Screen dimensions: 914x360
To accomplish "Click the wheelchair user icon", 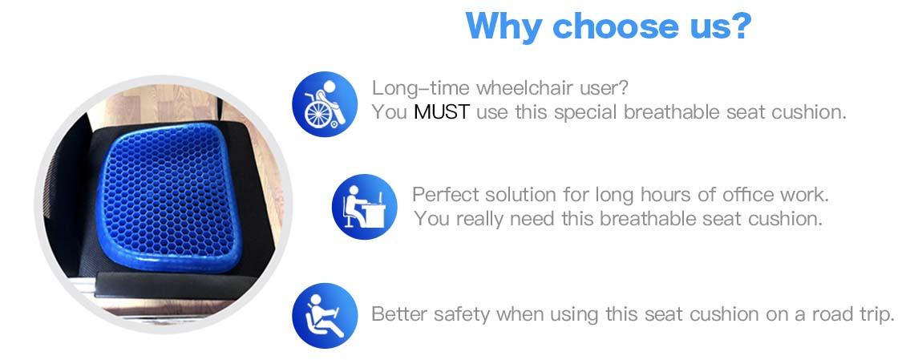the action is tap(325, 104).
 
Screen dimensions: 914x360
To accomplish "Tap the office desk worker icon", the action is tap(364, 207).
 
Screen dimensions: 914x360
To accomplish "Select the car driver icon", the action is tap(325, 315).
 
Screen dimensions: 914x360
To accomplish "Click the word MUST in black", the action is tap(441, 111).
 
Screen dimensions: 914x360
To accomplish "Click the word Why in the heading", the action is tap(503, 27).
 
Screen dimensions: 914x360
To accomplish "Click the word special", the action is tap(586, 112).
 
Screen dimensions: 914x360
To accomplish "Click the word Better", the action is tap(400, 314).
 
